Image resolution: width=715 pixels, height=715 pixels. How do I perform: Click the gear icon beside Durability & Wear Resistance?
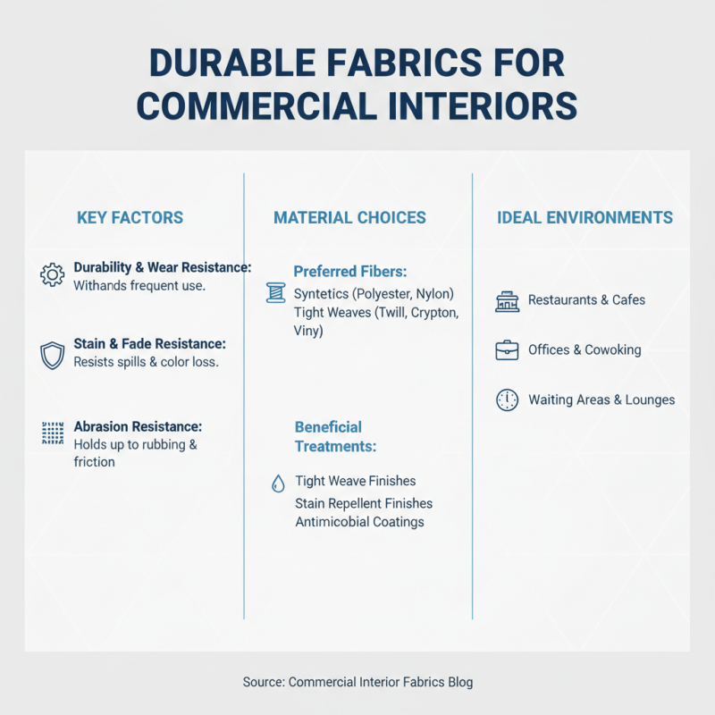[x=53, y=274]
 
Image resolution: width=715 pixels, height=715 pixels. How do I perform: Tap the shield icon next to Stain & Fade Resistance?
[x=53, y=355]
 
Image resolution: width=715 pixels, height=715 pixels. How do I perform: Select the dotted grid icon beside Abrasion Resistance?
[x=53, y=434]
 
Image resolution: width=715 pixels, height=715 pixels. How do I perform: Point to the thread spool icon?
[x=275, y=292]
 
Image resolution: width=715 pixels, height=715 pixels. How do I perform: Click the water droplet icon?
[x=278, y=484]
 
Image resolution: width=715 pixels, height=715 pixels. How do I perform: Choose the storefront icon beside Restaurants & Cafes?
[x=507, y=301]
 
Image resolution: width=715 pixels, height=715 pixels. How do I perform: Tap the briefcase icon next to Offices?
[x=507, y=350]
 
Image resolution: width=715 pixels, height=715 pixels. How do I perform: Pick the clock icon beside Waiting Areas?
[x=507, y=400]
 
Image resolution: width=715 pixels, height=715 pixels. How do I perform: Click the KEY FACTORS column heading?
[x=130, y=218]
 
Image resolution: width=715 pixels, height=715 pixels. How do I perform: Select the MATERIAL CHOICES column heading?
[x=349, y=218]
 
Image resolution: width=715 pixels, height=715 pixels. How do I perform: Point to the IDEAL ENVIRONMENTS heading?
[x=585, y=217]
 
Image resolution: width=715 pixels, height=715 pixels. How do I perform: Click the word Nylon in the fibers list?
[x=434, y=293]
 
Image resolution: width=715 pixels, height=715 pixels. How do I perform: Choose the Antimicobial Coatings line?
[x=359, y=522]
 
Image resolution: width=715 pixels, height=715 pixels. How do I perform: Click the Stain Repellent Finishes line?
[x=364, y=503]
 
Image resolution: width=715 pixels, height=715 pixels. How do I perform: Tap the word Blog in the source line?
[x=458, y=682]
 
